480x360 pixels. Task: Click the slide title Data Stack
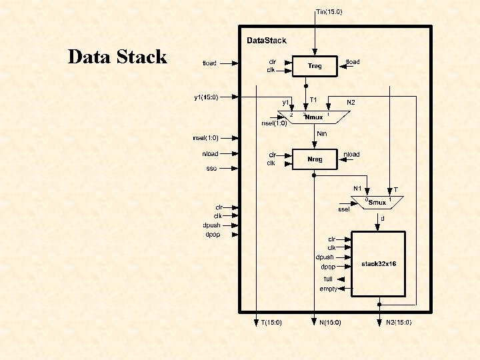tap(117, 57)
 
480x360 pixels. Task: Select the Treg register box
tap(315, 65)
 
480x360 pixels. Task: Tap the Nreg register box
tap(315, 159)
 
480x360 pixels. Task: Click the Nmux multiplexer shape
tap(314, 117)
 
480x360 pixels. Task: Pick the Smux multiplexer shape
tap(377, 202)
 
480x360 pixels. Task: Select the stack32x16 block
tap(379, 264)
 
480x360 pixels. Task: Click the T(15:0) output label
tap(271, 323)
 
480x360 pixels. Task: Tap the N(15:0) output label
tap(329, 323)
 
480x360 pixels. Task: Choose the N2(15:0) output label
tap(399, 323)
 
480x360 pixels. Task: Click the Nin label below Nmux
tap(321, 133)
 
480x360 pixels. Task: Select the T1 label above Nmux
tap(313, 101)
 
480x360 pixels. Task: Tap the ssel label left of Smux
tap(343, 209)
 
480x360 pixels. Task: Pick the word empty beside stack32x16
tap(328, 289)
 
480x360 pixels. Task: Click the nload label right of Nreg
tap(351, 154)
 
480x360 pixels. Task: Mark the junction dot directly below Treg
tap(306, 86)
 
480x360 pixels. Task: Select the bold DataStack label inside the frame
tap(267, 41)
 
